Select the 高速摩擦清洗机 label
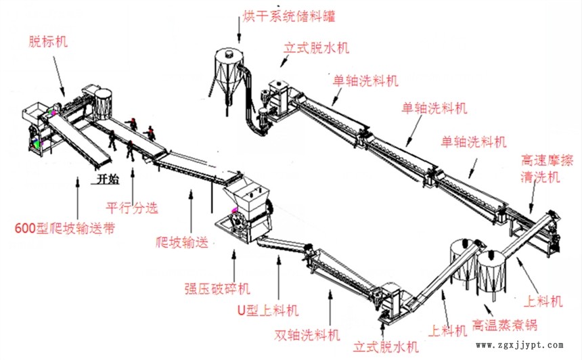click(x=547, y=168)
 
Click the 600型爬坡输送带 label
click(x=64, y=228)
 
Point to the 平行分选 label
click(x=133, y=208)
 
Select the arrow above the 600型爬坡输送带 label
click(x=79, y=199)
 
